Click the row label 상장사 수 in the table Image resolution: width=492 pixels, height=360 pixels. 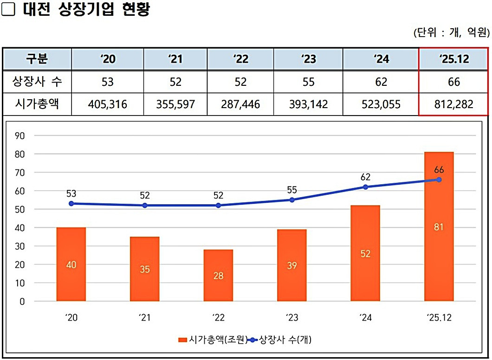tap(37, 82)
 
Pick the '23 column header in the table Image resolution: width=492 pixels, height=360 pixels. tap(308, 59)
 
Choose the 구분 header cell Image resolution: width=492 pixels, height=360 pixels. tap(37, 59)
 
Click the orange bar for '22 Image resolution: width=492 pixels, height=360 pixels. tap(218, 275)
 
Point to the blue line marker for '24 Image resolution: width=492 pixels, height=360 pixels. tap(365, 187)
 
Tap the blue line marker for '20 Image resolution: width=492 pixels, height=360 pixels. tap(71, 204)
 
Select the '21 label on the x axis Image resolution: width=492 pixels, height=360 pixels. tap(144, 318)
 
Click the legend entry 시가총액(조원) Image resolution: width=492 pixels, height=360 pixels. tap(213, 340)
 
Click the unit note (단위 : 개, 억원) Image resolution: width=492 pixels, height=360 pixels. tap(451, 32)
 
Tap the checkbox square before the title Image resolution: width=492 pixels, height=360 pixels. tap(8, 10)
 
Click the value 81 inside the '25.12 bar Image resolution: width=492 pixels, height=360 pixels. tap(439, 227)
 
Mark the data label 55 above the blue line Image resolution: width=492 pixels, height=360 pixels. tap(291, 190)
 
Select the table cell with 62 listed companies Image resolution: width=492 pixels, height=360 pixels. tap(381, 82)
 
